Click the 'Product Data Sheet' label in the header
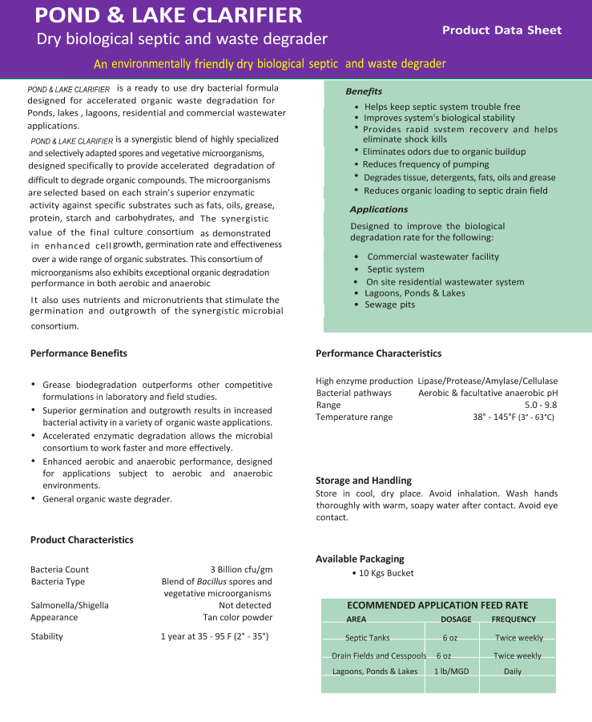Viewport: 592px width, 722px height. [501, 30]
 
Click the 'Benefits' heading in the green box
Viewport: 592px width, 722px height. [364, 91]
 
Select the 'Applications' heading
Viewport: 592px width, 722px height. [379, 209]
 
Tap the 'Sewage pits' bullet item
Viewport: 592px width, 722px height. [389, 305]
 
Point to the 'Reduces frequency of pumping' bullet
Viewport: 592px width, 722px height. [425, 164]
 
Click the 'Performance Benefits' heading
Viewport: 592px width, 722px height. [79, 353]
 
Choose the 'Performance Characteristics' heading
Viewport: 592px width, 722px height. [378, 353]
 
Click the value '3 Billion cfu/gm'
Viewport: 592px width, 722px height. [241, 570]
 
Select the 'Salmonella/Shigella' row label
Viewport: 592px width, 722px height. [70, 606]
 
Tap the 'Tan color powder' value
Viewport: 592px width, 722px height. [237, 618]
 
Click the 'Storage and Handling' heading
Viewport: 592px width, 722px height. [364, 481]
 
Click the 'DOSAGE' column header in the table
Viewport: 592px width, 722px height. [456, 619]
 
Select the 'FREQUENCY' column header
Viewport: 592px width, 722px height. [513, 619]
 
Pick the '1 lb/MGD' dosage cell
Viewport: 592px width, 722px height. [451, 672]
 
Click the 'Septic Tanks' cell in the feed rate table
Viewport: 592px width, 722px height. [368, 638]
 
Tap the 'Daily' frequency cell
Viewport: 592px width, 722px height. [513, 672]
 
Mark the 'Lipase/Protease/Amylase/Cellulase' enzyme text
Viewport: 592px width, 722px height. [488, 381]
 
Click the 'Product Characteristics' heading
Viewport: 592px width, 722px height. [82, 540]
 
